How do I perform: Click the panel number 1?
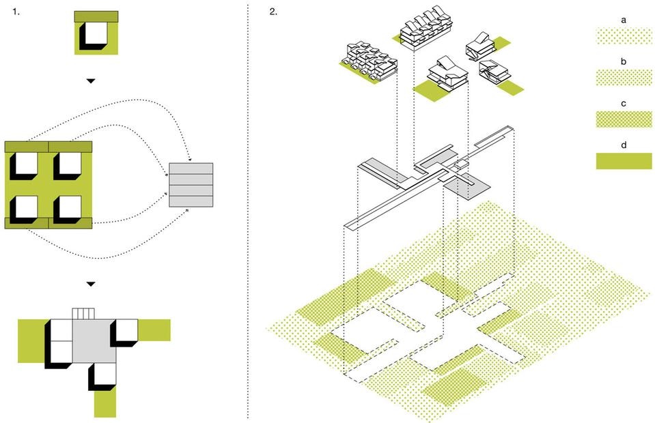pos(14,12)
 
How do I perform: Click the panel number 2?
pos(273,12)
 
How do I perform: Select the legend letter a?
pos(624,20)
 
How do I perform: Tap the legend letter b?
pos(624,61)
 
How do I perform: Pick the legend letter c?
pos(624,103)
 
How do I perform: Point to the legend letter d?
pos(624,145)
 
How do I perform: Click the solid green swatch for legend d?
pos(624,161)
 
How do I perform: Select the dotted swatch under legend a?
pos(624,36)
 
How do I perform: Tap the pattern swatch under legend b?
pos(624,78)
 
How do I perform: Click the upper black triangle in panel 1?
pos(91,81)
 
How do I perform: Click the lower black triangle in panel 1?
pos(91,283)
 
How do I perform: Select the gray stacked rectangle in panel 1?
pos(191,185)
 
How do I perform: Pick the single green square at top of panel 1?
pos(96,33)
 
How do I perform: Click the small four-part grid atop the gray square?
pos(83,314)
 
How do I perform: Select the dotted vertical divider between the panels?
pos(247,211)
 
